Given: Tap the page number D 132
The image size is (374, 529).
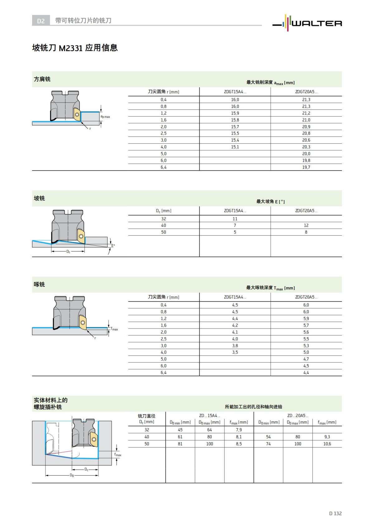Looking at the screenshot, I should [335, 513].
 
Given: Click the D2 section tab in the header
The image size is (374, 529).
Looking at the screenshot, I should [41, 21].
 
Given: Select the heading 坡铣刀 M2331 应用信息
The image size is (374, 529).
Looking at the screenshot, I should [75, 48].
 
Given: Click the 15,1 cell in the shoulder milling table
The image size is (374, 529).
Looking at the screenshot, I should [235, 147].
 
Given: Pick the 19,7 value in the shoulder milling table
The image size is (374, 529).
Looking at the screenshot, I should [306, 167].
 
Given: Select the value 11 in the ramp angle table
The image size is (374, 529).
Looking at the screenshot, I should [235, 219].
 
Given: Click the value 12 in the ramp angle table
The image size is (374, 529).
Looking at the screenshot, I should [306, 225].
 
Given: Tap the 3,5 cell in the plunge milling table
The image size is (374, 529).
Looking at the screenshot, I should [235, 352].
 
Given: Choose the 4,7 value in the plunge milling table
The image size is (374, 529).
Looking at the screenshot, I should [306, 359].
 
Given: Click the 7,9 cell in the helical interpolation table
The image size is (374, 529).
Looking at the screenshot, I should [239, 430].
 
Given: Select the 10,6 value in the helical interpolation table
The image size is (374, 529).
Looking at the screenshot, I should [327, 444].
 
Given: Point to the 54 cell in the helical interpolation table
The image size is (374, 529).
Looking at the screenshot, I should [268, 437].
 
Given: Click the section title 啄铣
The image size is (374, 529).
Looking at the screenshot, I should [39, 284].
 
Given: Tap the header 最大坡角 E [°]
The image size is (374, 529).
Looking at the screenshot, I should [271, 202].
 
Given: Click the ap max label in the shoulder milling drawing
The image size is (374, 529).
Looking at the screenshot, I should [105, 117].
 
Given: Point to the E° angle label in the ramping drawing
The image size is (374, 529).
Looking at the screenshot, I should [113, 246].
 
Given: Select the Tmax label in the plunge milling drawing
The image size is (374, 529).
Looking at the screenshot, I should [114, 329].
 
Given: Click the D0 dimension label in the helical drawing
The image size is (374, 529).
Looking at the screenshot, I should [72, 475].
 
